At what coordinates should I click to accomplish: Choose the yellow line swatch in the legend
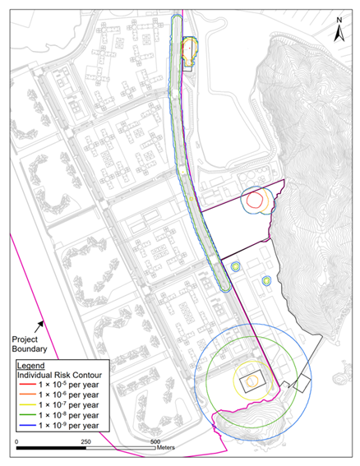pos(28,405)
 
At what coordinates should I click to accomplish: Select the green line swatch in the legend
pos(28,415)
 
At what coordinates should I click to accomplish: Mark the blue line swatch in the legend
pos(28,425)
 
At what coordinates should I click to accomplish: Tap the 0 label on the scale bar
pos(17,441)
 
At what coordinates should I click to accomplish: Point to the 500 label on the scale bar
pos(155,441)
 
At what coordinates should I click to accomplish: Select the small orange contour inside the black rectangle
pos(251,380)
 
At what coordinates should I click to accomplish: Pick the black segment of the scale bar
pos(50,450)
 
